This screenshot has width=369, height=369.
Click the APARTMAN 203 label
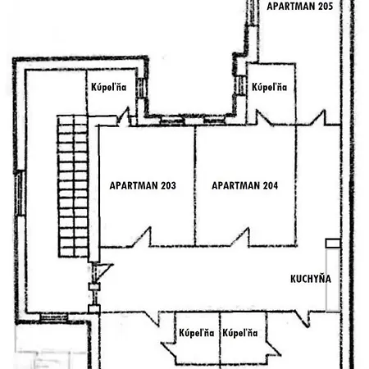click(142, 185)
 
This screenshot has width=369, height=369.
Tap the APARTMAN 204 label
click(244, 185)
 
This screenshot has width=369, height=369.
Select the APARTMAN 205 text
click(299, 6)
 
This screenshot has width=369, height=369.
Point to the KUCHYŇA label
click(311, 279)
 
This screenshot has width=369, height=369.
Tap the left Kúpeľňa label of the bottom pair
click(196, 333)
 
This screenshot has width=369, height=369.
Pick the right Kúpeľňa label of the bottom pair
click(240, 333)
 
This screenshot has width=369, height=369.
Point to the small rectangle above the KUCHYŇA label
click(331, 243)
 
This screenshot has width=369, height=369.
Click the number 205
click(323, 6)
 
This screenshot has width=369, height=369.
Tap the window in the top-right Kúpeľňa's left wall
click(242, 86)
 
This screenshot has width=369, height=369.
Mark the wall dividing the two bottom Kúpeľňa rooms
click(219, 338)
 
